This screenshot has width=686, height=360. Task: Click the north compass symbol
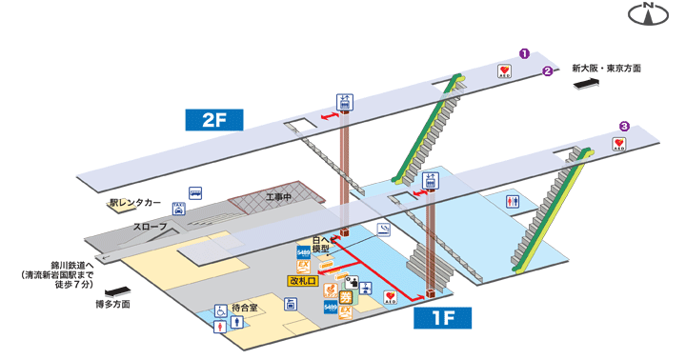651,14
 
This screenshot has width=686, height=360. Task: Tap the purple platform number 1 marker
523,53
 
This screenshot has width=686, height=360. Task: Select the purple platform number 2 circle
547,71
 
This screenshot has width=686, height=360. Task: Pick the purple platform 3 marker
624,125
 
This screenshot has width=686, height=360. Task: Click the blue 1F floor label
442,317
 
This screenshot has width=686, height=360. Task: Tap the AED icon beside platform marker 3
618,145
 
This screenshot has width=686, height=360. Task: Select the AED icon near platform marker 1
505,71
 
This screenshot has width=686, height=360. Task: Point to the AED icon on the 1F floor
391,297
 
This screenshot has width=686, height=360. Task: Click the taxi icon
178,207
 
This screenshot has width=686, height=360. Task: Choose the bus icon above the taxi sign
195,191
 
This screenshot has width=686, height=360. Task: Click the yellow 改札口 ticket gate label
305,280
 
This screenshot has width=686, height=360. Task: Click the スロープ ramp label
150,226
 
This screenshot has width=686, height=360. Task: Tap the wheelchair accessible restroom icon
221,310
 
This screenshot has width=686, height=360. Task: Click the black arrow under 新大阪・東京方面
584,86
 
